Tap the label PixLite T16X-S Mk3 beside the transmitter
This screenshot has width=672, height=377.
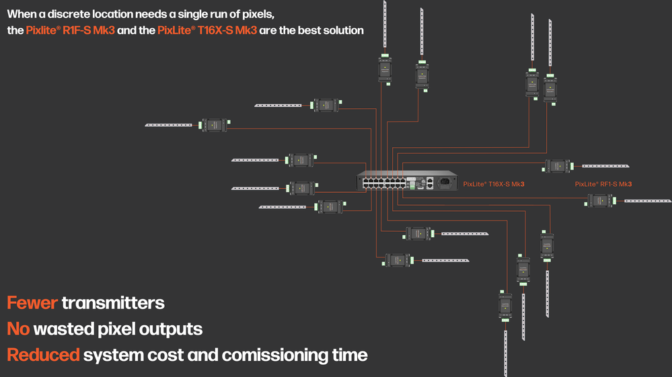(494, 183)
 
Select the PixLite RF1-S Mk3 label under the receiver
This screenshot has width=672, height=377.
(603, 183)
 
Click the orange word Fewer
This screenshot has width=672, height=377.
(32, 303)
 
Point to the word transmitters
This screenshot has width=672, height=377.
(113, 303)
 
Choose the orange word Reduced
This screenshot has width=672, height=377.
(43, 354)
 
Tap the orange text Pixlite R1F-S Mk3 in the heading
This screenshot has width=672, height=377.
(71, 30)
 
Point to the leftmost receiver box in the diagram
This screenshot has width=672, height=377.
(215, 125)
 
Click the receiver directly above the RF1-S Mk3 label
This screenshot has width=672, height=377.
(558, 166)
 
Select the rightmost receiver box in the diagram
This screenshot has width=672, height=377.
(599, 200)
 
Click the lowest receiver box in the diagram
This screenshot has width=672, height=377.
(505, 305)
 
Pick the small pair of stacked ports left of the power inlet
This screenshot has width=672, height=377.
(429, 181)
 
